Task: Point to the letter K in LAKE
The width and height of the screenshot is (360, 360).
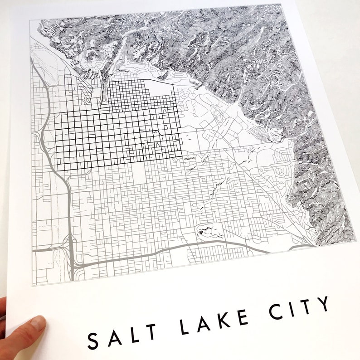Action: tap(222, 317)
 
